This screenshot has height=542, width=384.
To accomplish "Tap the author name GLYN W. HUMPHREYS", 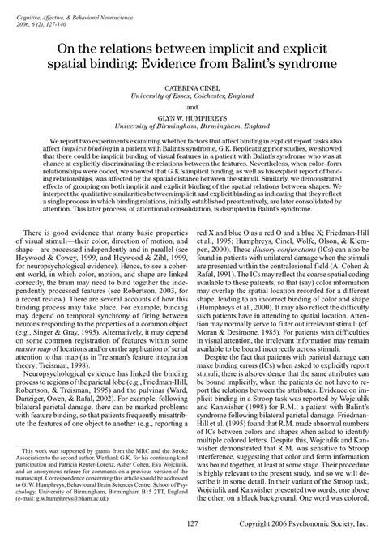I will coord(192,139).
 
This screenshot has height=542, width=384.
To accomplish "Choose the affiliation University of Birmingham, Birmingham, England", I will coord(192,149).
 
